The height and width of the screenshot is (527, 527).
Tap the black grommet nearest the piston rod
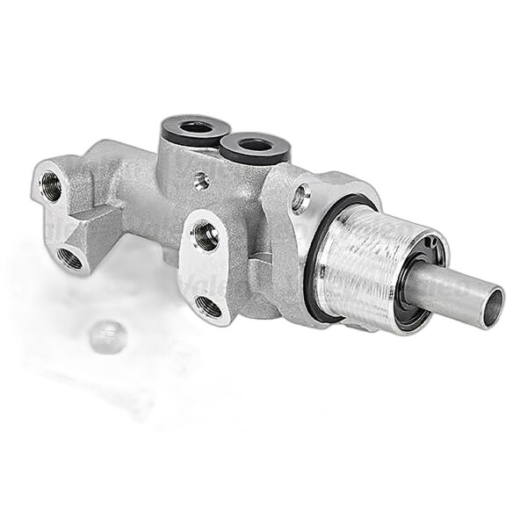tap(255, 145)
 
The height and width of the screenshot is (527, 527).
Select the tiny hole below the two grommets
tap(201, 181)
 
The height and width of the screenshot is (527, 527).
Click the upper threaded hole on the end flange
tap(52, 186)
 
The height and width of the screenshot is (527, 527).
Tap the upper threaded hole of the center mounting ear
tap(206, 235)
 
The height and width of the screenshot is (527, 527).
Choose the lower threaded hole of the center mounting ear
tap(209, 306)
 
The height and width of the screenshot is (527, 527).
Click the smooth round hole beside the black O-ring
tap(301, 198)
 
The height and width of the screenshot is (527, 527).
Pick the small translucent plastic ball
tap(107, 336)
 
